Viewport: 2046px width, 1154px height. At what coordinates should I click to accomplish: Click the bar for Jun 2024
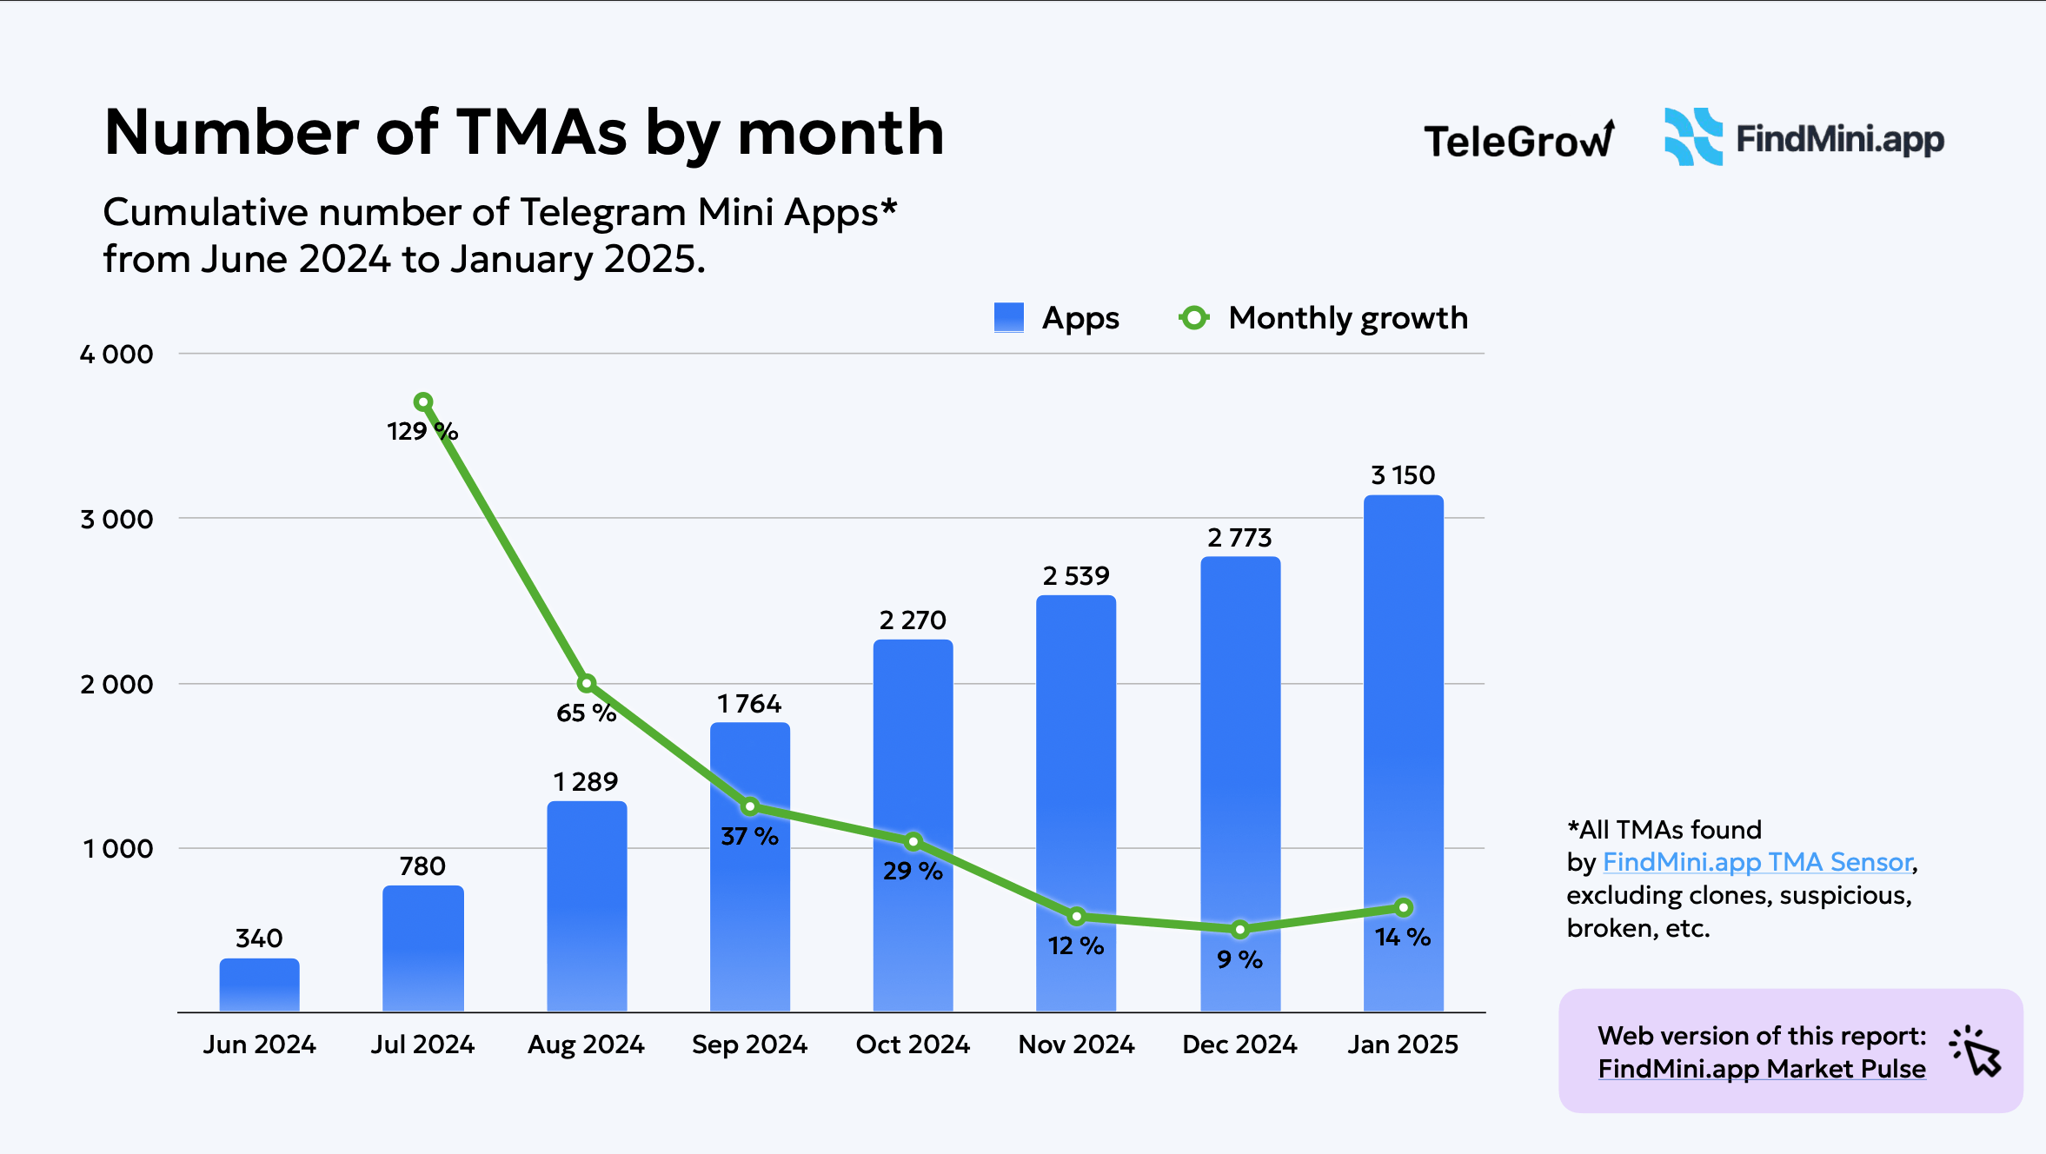pos(259,985)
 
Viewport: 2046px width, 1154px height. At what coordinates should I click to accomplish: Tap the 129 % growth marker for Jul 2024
pos(423,401)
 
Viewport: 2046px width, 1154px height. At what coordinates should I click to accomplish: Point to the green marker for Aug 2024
pos(587,683)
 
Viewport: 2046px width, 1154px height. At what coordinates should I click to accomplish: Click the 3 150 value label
pos(1403,475)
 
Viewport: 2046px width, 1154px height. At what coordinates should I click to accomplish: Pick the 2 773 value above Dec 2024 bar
pos(1239,538)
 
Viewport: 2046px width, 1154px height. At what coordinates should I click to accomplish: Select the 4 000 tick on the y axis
pos(116,355)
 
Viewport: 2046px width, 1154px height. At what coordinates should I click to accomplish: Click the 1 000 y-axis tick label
pos(118,849)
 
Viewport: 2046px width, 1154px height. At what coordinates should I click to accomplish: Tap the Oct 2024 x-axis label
pos(913,1044)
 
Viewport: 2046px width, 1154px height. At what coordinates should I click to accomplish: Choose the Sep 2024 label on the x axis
pos(749,1044)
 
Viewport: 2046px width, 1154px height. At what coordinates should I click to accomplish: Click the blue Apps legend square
pos(1008,317)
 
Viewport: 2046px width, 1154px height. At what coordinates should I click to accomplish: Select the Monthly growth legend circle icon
pos(1194,318)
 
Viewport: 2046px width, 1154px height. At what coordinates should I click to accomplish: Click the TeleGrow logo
pos(1518,140)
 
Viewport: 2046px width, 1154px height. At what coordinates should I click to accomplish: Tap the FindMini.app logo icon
pos(1692,137)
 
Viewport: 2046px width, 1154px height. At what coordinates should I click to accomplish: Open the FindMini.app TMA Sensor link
pos(1757,862)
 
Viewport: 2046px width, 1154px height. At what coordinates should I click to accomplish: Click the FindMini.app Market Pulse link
pos(1762,1069)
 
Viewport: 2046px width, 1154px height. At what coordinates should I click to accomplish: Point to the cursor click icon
pos(1976,1051)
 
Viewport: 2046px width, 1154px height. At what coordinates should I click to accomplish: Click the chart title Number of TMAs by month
pos(524,133)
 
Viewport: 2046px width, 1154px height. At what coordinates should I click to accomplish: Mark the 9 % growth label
pos(1239,959)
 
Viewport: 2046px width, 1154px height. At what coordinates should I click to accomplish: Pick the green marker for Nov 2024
pos(1076,916)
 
